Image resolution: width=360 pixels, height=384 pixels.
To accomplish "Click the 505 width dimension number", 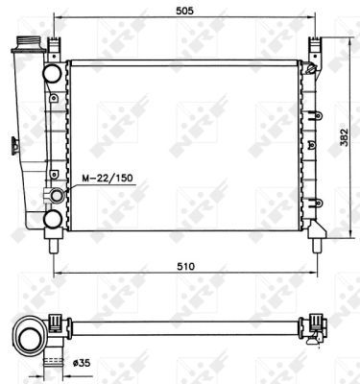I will click(183, 12).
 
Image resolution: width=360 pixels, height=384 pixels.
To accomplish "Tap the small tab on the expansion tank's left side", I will click(12, 146).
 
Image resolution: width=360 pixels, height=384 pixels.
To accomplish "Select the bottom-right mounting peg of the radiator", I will click(315, 242).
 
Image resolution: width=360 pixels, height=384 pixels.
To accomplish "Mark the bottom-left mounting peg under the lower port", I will click(53, 243).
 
